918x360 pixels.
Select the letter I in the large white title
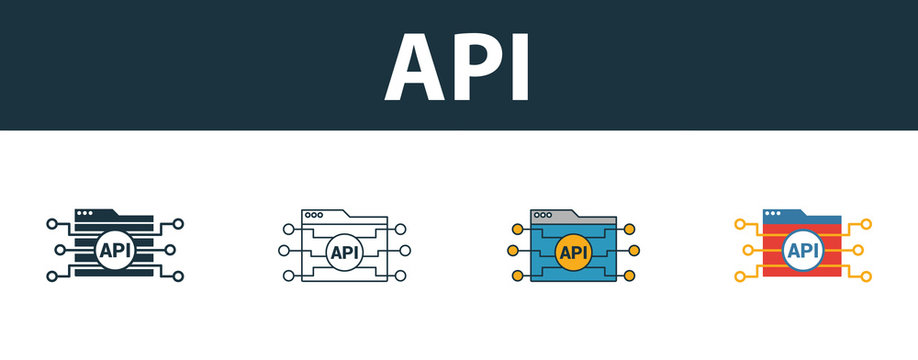(518, 68)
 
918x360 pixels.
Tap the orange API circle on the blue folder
(574, 251)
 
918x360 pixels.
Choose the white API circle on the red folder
(803, 250)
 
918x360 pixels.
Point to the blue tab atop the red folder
(786, 215)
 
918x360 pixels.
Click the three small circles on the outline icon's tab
(314, 215)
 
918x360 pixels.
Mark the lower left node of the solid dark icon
(52, 275)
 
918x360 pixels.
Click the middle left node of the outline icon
(284, 251)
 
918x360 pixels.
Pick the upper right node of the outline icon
(401, 227)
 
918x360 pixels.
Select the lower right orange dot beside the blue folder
(631, 275)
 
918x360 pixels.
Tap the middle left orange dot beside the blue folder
(514, 251)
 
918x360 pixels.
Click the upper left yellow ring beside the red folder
(741, 225)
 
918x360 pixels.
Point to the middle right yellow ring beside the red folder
(866, 250)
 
